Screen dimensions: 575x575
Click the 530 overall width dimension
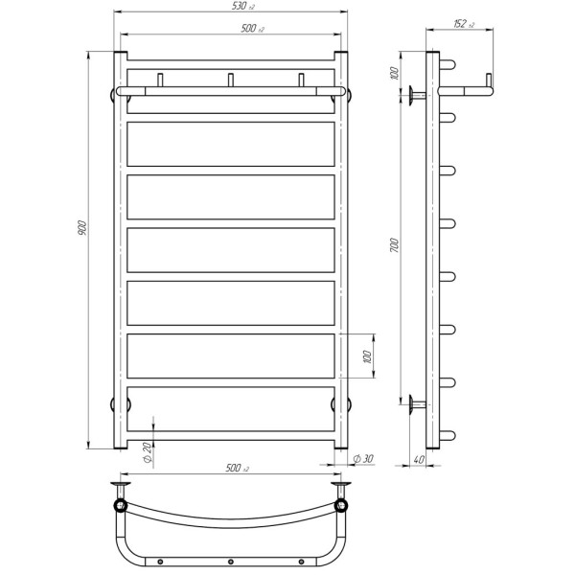[242, 7]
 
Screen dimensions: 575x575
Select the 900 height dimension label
[82, 228]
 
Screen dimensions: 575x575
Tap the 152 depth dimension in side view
[464, 24]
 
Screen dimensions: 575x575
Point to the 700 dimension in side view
[394, 245]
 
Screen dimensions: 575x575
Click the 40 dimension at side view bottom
[419, 459]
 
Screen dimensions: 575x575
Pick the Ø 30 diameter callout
[363, 458]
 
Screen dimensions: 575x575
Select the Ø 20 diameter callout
[147, 452]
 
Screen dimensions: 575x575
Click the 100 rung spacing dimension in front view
[367, 356]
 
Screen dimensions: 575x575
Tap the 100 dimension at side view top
[394, 74]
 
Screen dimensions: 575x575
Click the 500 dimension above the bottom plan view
[237, 468]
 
